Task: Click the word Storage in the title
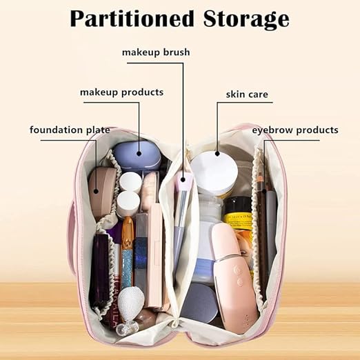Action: click(246, 20)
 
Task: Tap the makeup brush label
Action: click(156, 52)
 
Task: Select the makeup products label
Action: click(121, 92)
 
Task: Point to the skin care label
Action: click(247, 94)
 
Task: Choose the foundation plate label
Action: click(70, 130)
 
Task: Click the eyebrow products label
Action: click(295, 130)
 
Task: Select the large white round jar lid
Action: click(214, 172)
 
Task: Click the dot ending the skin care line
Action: click(217, 154)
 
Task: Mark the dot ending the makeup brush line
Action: click(183, 179)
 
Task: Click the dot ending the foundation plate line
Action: click(97, 191)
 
